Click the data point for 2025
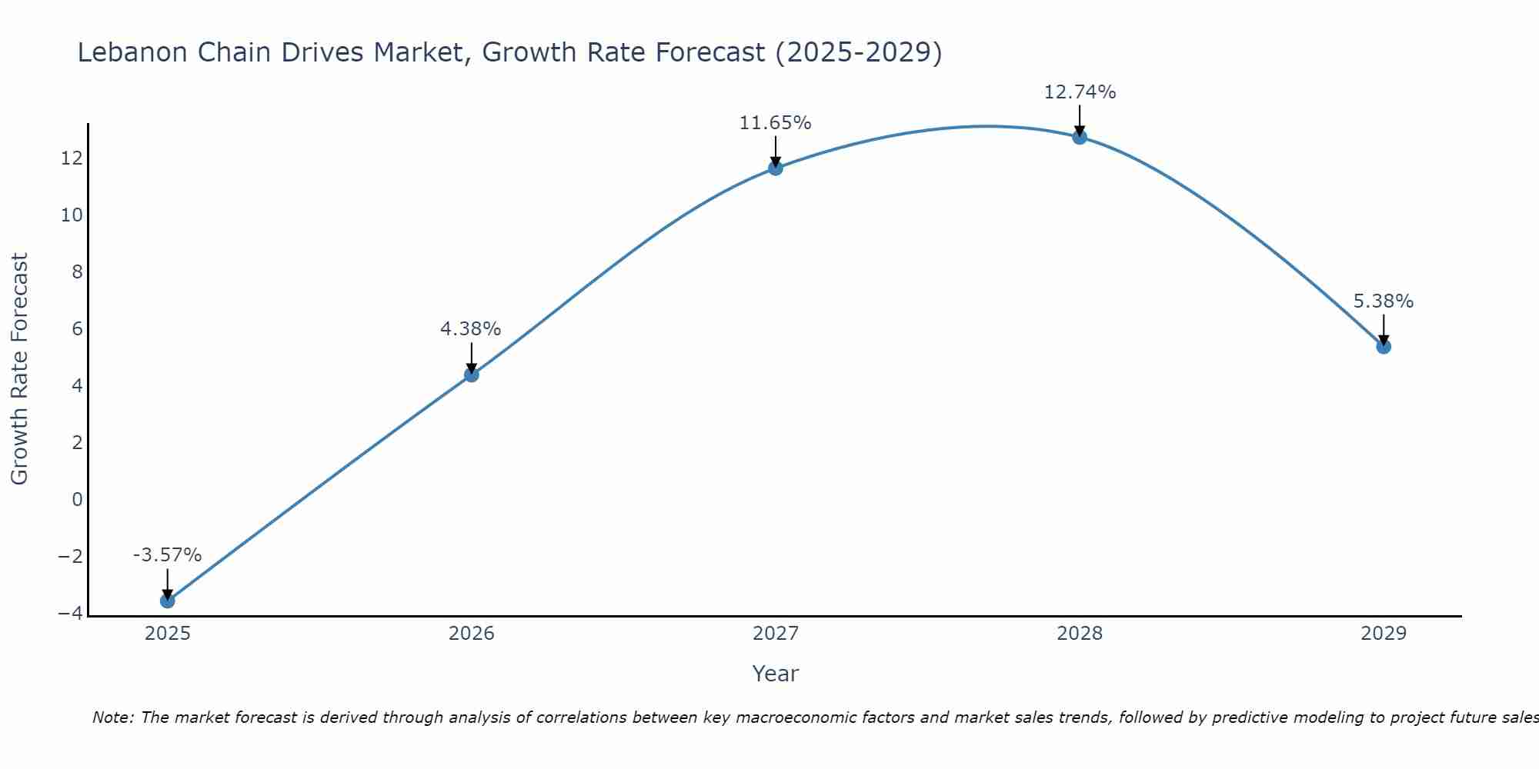tap(167, 601)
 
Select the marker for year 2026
tap(472, 375)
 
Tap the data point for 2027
tap(776, 168)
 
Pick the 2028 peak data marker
tap(1080, 137)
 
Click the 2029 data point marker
tap(1384, 347)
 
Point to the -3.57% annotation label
tap(167, 555)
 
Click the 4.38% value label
tap(470, 329)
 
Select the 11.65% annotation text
tap(775, 123)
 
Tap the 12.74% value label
tap(1080, 92)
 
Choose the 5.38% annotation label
tap(1383, 301)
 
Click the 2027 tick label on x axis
tap(776, 634)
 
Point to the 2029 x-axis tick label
tap(1384, 634)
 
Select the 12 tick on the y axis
tap(72, 158)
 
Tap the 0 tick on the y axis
tap(77, 499)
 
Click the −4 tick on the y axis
tap(70, 613)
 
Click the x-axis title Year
tap(775, 674)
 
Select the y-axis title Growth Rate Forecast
tap(19, 368)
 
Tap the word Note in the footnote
tap(112, 717)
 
